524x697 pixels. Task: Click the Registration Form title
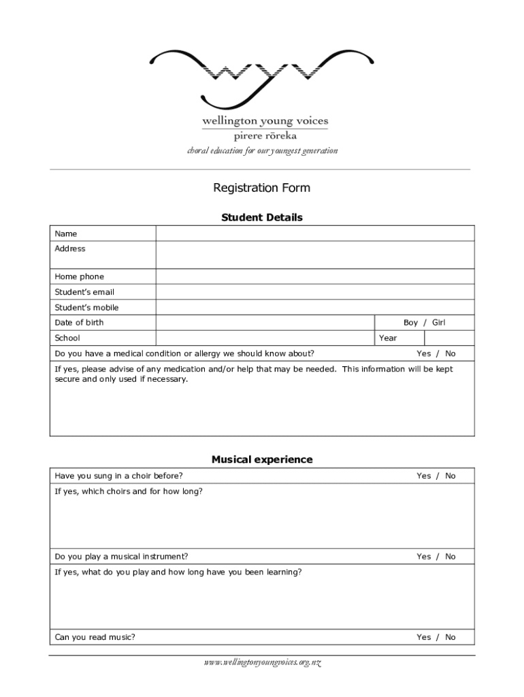tap(262, 188)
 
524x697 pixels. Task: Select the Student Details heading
tap(262, 218)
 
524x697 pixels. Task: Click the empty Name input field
tap(315, 233)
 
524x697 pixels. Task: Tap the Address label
tap(70, 249)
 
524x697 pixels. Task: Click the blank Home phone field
tap(315, 276)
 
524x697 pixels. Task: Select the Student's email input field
tap(315, 292)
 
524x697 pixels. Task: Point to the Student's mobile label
tap(86, 308)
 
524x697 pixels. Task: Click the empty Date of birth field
tap(265, 323)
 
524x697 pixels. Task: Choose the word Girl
tap(439, 323)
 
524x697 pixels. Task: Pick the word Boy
tap(410, 323)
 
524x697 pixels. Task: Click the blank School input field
tap(265, 338)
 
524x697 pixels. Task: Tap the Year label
tap(388, 338)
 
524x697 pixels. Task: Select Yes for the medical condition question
tap(423, 353)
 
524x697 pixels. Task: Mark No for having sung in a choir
tap(451, 476)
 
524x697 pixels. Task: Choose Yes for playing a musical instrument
tap(423, 557)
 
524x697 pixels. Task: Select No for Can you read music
tap(451, 637)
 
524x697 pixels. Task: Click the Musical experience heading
tap(262, 459)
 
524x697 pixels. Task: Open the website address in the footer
tap(262, 662)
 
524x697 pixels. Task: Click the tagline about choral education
tap(262, 150)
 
